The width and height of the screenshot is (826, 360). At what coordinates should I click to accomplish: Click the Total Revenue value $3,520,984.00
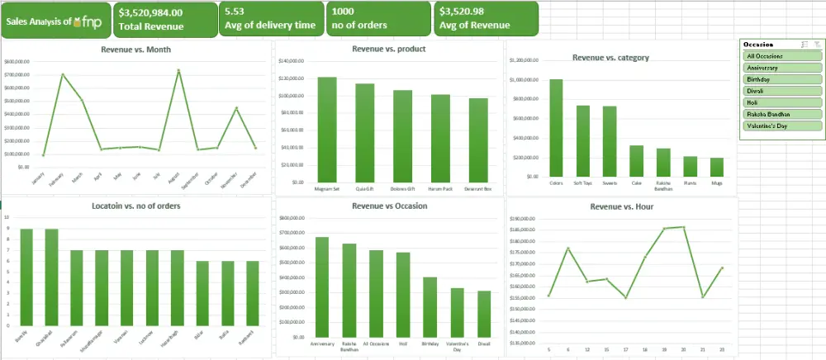150,12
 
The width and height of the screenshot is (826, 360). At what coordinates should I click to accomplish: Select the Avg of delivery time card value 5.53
234,12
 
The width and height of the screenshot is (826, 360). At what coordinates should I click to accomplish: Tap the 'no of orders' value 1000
345,12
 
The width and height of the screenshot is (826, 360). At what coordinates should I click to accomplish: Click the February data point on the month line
63,75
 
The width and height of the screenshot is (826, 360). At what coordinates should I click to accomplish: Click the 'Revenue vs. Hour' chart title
621,206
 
